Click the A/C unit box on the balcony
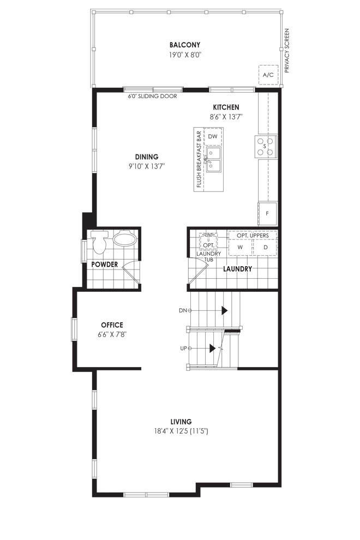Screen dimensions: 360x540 click(x=268, y=74)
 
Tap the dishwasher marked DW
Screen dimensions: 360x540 click(x=213, y=136)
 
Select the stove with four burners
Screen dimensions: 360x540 click(x=266, y=146)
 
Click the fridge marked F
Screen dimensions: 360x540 click(x=267, y=213)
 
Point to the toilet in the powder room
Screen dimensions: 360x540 click(x=99, y=242)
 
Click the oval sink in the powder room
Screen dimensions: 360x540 click(x=125, y=238)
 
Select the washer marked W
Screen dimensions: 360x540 click(x=241, y=247)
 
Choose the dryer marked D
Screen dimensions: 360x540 click(x=265, y=247)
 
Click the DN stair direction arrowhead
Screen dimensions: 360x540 click(x=224, y=310)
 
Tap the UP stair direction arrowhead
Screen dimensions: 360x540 click(x=212, y=349)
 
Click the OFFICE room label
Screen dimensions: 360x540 click(x=112, y=325)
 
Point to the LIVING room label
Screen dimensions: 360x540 click(x=181, y=422)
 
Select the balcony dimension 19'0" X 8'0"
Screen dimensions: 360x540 click(x=185, y=55)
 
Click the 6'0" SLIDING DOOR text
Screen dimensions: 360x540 click(x=153, y=97)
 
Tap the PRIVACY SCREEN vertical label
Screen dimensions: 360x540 click(x=287, y=50)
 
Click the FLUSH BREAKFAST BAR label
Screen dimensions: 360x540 click(x=199, y=159)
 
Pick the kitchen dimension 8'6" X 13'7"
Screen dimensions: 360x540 click(x=226, y=117)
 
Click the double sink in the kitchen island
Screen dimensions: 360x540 click(x=214, y=159)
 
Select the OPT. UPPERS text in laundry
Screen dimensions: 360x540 click(x=253, y=236)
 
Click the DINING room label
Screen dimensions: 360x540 click(x=147, y=157)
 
